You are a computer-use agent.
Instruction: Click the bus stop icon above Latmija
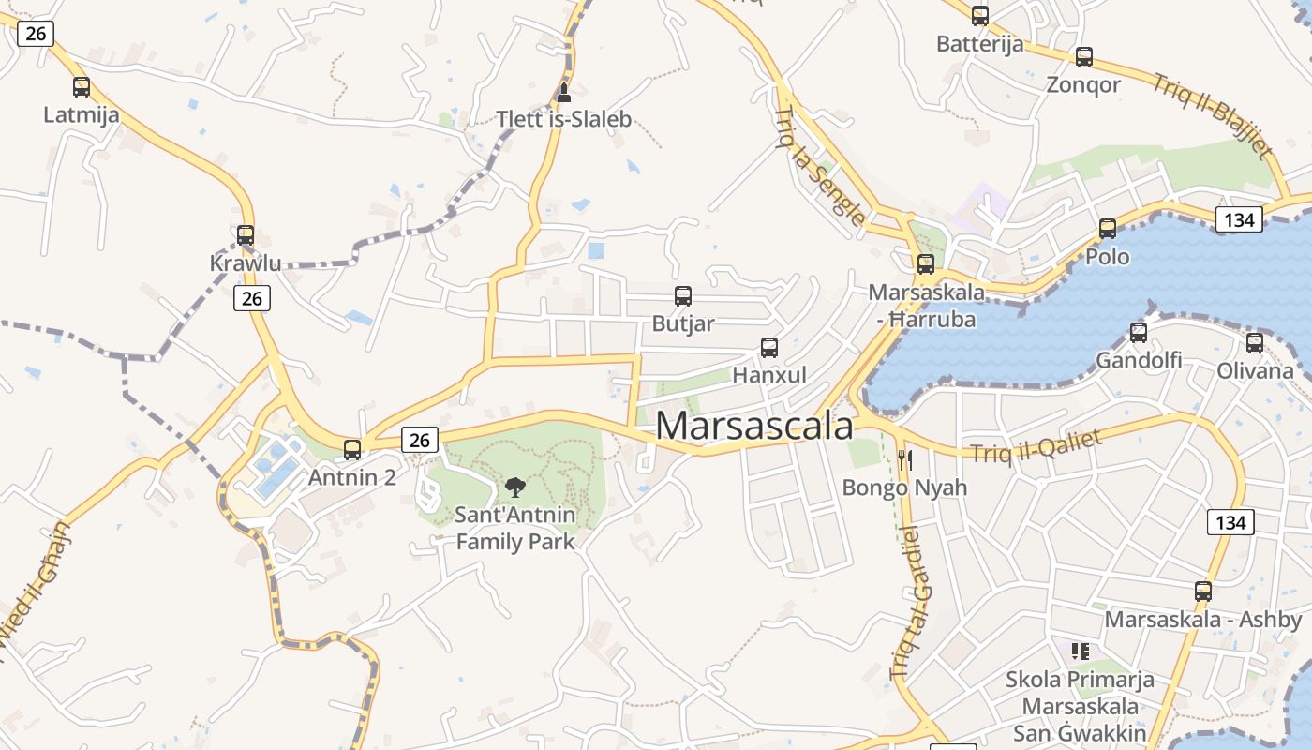click(82, 87)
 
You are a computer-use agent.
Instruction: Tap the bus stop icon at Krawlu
click(246, 235)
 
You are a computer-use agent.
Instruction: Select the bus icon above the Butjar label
click(683, 296)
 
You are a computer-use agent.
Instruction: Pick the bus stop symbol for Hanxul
click(769, 348)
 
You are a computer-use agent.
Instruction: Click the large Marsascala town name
click(754, 426)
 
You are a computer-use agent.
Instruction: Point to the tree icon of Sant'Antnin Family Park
click(514, 487)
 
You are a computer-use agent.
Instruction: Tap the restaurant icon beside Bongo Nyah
click(904, 459)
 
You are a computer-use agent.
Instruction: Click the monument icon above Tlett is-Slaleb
click(563, 92)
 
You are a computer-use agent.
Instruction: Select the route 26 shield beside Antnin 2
click(421, 439)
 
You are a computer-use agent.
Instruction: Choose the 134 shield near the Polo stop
click(1239, 220)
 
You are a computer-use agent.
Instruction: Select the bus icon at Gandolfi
click(1139, 333)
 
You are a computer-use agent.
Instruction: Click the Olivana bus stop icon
click(1255, 343)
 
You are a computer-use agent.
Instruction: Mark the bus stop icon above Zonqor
click(1084, 57)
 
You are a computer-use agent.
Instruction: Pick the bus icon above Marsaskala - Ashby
click(1203, 592)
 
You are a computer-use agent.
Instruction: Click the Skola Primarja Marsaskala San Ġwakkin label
click(1081, 706)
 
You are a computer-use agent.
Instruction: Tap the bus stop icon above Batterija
click(980, 16)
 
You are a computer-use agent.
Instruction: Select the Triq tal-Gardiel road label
click(913, 600)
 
